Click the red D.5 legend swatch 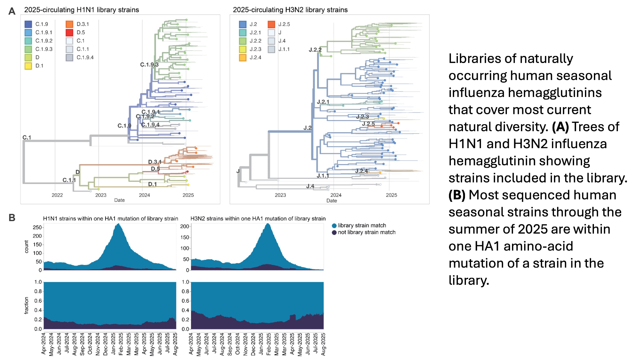(x=69, y=32)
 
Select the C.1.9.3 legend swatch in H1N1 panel (x=28, y=49)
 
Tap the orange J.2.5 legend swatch (x=271, y=24)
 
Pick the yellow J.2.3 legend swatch (x=243, y=49)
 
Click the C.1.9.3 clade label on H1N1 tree (x=149, y=65)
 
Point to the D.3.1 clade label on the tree (x=155, y=162)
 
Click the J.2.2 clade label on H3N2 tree (x=315, y=50)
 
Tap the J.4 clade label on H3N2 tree (x=310, y=186)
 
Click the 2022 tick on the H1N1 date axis (x=57, y=195)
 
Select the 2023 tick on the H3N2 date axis (x=280, y=195)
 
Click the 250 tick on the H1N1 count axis (x=37, y=227)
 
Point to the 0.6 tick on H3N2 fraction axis (x=185, y=301)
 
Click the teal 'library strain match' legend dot (x=334, y=226)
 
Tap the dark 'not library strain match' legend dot (x=334, y=232)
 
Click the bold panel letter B (x=12, y=218)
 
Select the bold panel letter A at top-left (x=12, y=11)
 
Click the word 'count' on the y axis (x=27, y=247)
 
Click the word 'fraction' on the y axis (x=27, y=305)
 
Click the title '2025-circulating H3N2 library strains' (x=290, y=10)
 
